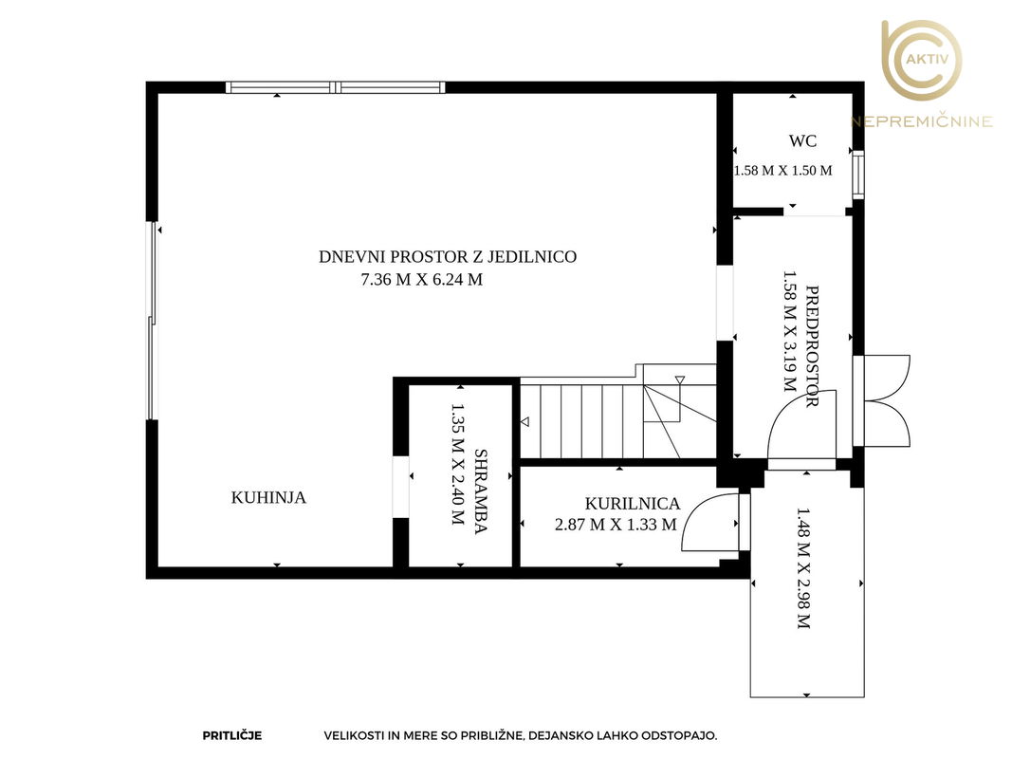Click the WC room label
point(802,140)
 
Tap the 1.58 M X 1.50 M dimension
point(782,171)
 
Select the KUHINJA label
point(268,497)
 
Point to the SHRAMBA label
point(481,491)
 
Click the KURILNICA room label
point(633,504)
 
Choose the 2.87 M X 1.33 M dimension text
point(616,524)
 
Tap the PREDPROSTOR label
point(813,346)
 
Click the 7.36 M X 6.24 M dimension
point(421,280)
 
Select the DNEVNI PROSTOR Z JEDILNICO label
point(448,256)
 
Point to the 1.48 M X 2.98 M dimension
point(803,568)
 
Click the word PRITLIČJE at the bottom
point(232,736)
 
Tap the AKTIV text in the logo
point(928,60)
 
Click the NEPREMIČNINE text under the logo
point(922,121)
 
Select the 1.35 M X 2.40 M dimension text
point(457,464)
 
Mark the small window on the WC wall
point(858,175)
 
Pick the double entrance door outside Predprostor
point(882,400)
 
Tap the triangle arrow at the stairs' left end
point(525,422)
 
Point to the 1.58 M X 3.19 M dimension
point(789,331)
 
